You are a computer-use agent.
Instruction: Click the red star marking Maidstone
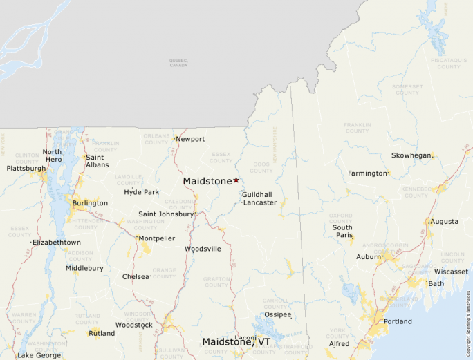tap(236, 180)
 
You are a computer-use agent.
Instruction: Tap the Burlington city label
tap(90, 203)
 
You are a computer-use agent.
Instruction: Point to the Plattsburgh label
tap(26, 169)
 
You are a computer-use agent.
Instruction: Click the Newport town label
tap(190, 139)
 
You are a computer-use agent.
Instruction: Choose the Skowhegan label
tap(411, 155)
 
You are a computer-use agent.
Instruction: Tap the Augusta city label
tap(445, 222)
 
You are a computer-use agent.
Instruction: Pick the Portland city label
tap(398, 321)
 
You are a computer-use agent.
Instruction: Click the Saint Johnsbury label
tap(166, 214)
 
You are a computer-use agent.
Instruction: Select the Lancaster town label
tap(259, 202)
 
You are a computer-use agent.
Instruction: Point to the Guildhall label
tap(257, 195)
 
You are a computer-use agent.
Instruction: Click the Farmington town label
tap(368, 173)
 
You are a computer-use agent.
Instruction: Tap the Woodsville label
tap(203, 249)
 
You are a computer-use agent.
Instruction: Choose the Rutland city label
tap(102, 333)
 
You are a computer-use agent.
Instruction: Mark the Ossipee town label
tap(278, 314)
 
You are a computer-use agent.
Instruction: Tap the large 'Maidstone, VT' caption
tap(236, 342)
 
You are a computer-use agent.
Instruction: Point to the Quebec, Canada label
tap(178, 63)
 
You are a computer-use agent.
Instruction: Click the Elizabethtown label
tap(57, 243)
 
